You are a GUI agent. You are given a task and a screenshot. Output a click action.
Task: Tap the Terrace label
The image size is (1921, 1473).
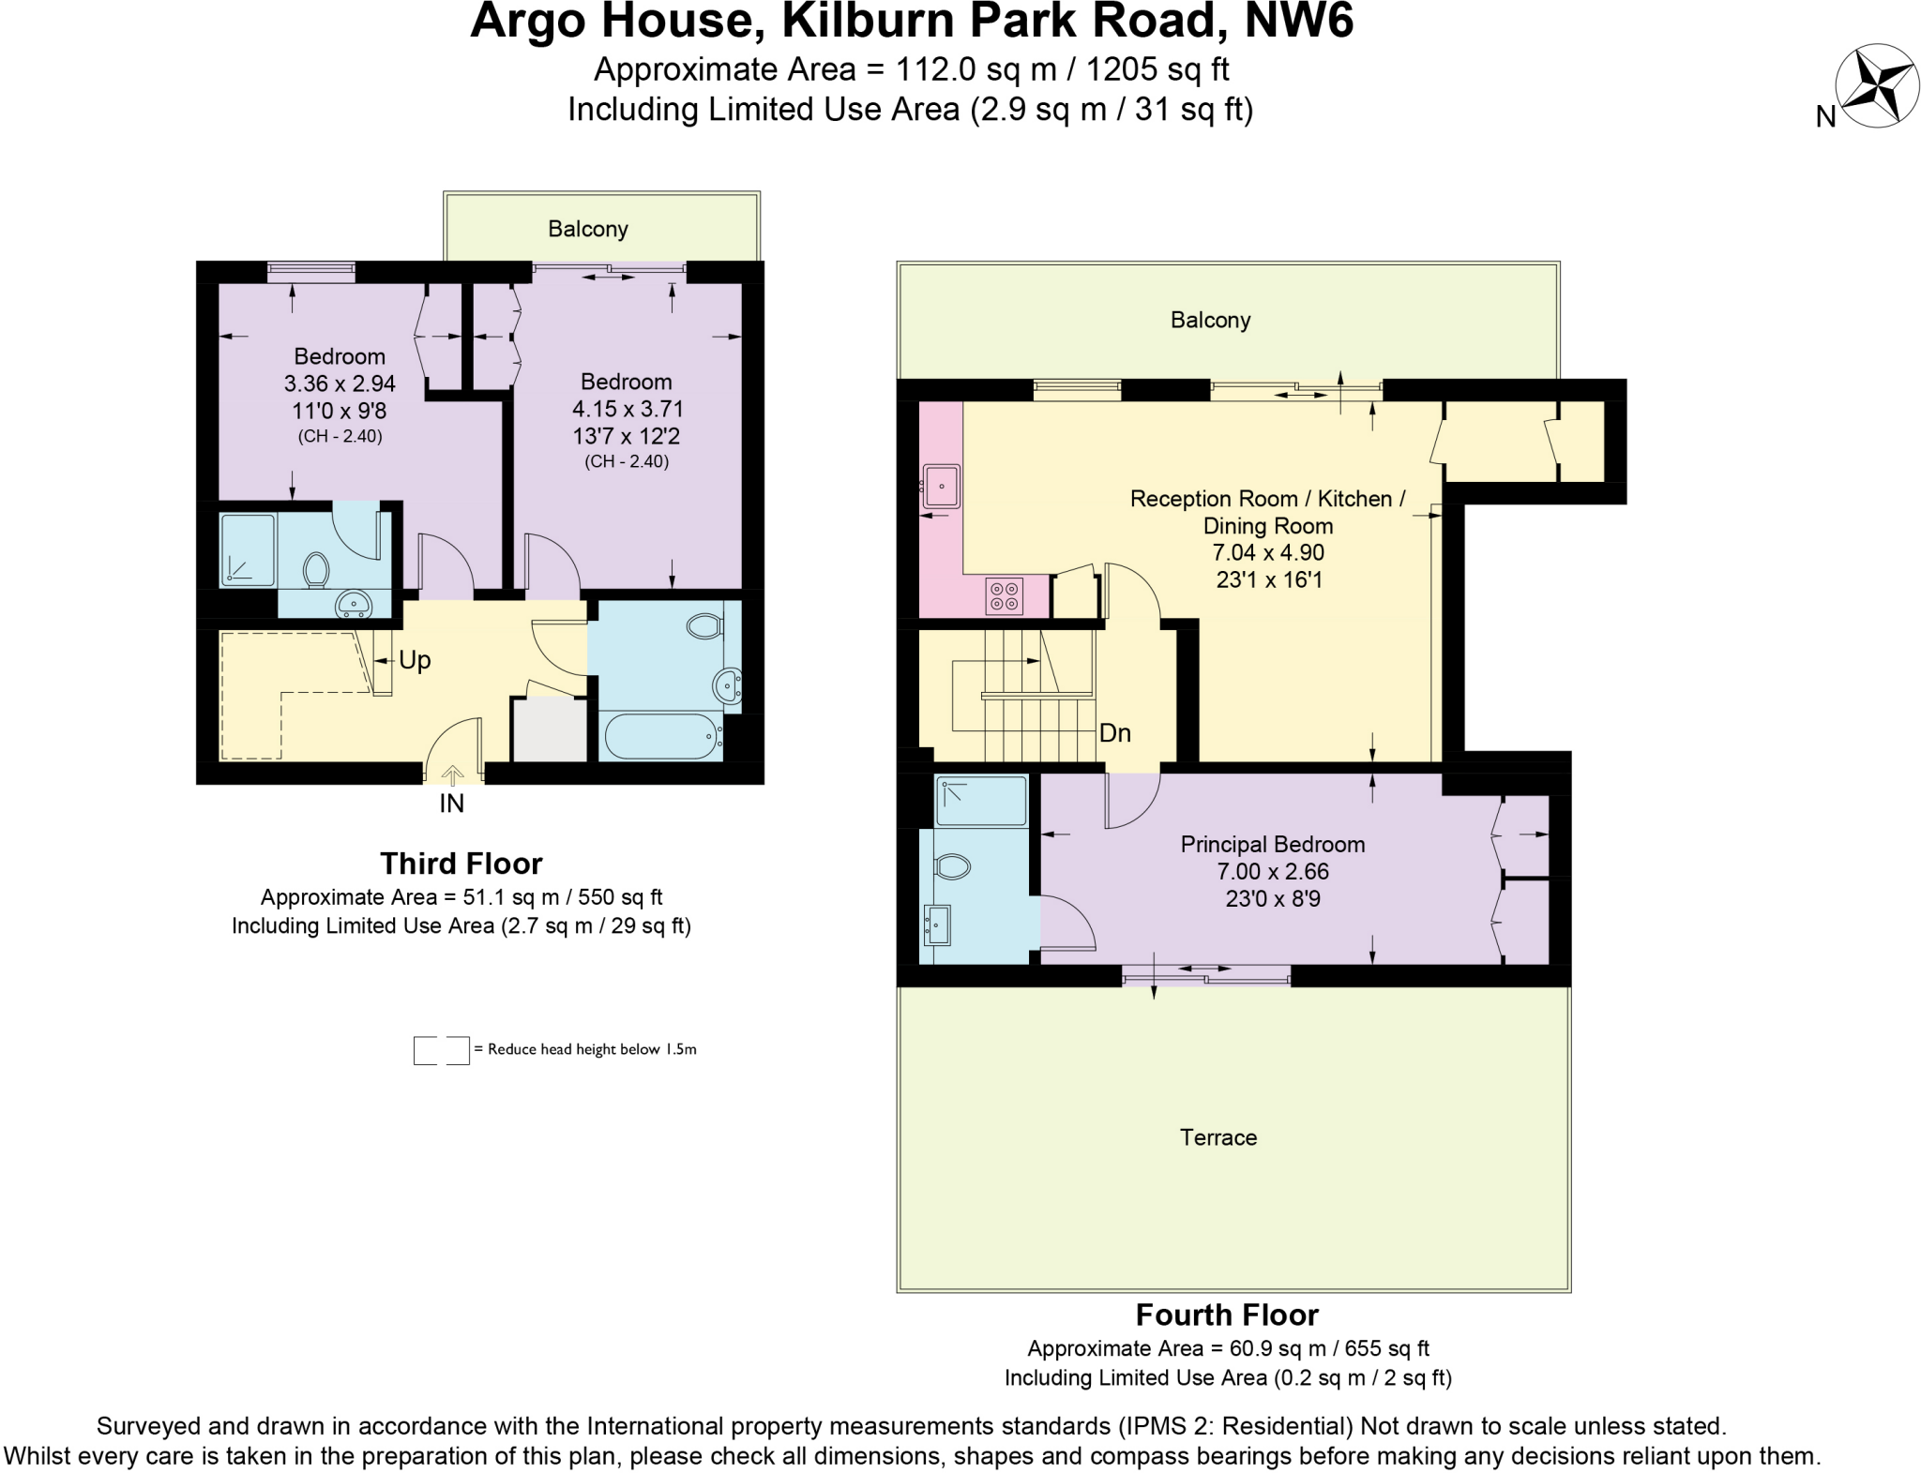(x=1218, y=1137)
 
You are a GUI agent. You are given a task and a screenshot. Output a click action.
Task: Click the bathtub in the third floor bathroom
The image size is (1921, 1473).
(x=660, y=737)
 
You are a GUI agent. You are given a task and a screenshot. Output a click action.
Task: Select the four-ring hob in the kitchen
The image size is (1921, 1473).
(x=1004, y=596)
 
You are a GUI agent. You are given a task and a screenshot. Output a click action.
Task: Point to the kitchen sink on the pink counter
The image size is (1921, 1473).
(x=941, y=486)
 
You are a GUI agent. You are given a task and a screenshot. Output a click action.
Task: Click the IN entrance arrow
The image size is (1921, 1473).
(x=452, y=776)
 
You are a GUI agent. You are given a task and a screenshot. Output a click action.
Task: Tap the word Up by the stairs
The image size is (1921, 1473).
(x=415, y=660)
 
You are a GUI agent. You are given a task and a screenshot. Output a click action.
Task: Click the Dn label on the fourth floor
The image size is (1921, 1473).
(x=1114, y=733)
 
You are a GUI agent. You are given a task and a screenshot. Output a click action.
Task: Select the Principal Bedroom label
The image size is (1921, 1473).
(x=1272, y=844)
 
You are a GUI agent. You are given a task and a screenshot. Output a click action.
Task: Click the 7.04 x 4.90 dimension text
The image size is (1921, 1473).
(x=1268, y=552)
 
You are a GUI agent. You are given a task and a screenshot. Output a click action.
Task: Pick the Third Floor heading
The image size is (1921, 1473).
(x=461, y=863)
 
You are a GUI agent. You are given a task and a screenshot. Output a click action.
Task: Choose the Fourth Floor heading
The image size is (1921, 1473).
(x=1227, y=1315)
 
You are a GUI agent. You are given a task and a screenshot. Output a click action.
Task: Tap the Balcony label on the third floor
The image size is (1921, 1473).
(x=588, y=229)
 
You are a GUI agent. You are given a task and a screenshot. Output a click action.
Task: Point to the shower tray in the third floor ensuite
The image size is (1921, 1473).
(x=248, y=549)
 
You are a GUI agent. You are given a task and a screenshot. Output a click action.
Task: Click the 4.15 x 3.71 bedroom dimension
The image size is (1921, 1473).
(x=628, y=409)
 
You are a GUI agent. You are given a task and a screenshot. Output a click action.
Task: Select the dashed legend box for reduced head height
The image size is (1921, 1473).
(x=441, y=1050)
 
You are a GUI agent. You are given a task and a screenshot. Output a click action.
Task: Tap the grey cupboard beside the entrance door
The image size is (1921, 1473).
(x=549, y=729)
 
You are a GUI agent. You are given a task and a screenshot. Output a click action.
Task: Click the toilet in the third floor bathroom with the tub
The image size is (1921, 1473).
(x=704, y=625)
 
